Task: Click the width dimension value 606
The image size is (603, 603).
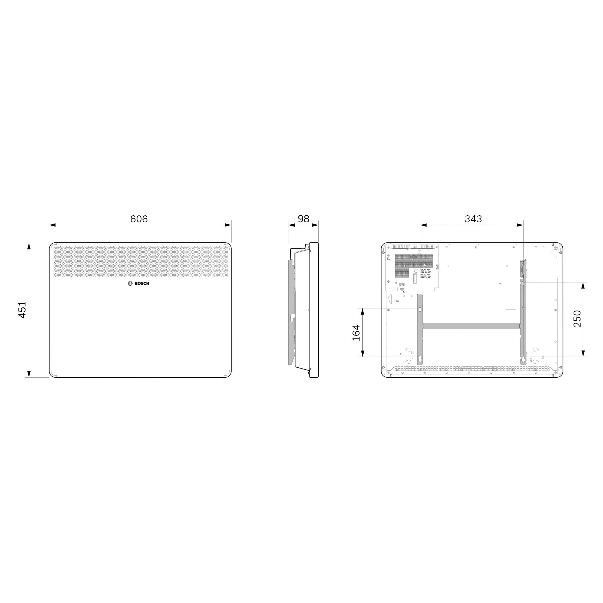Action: [x=139, y=219]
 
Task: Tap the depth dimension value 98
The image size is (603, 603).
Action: [x=303, y=219]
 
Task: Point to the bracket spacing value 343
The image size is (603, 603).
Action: [x=473, y=219]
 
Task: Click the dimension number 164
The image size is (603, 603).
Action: [x=356, y=333]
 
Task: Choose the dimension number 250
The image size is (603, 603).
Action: [x=577, y=319]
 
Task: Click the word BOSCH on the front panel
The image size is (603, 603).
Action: [x=142, y=284]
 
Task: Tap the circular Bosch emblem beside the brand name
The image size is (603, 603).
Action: [x=130, y=284]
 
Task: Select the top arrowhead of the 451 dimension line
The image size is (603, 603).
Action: [x=29, y=246]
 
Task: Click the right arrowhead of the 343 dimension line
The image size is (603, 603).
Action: [x=520, y=225]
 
